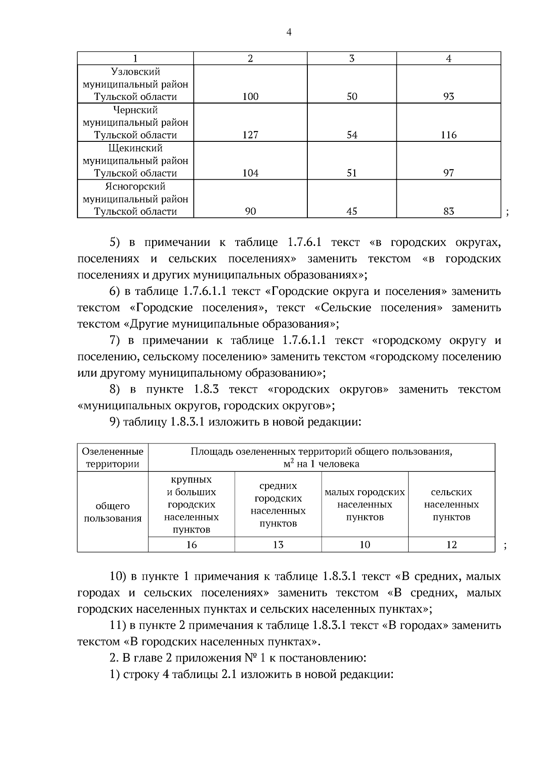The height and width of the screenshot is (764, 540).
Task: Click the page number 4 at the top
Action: [x=288, y=32]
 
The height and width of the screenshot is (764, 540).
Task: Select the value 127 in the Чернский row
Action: [x=250, y=135]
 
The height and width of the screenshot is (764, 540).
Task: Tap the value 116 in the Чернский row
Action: [x=448, y=135]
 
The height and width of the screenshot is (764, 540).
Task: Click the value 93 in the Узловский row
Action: [x=448, y=97]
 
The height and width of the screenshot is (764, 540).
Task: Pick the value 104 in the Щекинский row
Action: [x=250, y=173]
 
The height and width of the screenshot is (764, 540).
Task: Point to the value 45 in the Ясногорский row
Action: [x=351, y=212]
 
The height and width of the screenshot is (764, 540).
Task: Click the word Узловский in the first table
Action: [x=135, y=72]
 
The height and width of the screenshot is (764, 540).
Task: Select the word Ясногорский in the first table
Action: [x=135, y=187]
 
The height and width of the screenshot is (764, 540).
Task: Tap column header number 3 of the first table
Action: [x=351, y=59]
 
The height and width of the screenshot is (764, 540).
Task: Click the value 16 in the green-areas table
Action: [x=191, y=545]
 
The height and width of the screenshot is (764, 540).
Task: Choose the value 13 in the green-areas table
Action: [x=278, y=545]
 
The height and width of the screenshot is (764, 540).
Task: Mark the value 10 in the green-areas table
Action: [x=364, y=545]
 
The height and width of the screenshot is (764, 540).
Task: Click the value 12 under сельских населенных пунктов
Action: [x=451, y=545]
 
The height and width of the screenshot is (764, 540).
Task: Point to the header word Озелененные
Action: [x=113, y=452]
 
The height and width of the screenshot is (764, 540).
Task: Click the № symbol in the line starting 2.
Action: [x=250, y=659]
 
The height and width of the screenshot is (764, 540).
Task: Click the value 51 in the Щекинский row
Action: [x=351, y=173]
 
